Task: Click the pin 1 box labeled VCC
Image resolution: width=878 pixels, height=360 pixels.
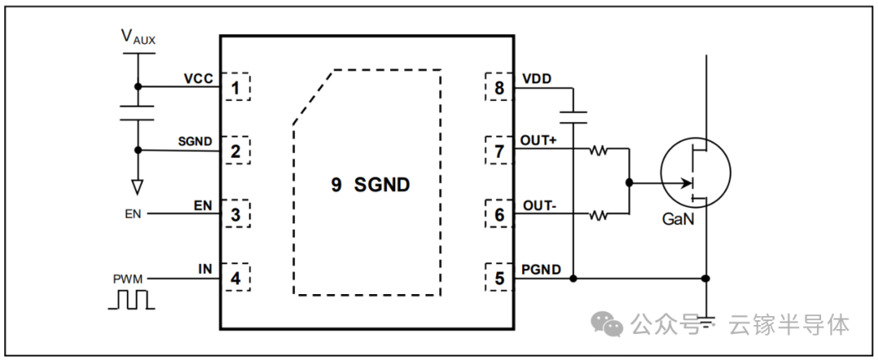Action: (236, 86)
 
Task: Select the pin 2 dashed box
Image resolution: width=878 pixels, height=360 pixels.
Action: (236, 150)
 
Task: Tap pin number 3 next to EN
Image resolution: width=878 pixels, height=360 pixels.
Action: (236, 215)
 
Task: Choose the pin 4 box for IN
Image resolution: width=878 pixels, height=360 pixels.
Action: (236, 279)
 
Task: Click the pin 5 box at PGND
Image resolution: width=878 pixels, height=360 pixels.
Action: (499, 279)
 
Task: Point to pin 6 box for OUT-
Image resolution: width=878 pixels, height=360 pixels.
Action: (499, 215)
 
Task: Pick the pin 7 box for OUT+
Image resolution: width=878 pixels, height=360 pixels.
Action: (499, 150)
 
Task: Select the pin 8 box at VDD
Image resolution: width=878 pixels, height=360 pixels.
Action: (499, 86)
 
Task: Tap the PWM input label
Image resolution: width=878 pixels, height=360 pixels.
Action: (128, 279)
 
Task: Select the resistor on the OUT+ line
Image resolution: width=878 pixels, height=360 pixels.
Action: (599, 150)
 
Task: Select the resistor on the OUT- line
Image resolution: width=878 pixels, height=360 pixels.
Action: (599, 215)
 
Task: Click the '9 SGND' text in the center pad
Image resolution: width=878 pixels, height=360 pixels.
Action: (370, 185)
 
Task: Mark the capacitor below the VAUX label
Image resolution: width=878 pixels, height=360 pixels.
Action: (137, 112)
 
